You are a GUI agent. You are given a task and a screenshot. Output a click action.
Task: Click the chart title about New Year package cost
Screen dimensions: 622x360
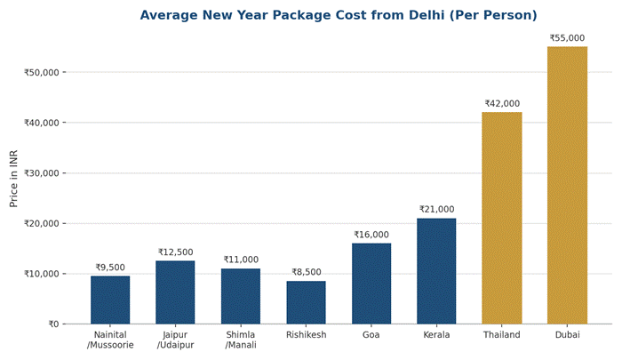[339, 15]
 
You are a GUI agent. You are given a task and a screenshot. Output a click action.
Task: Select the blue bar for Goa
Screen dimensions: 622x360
[371, 284]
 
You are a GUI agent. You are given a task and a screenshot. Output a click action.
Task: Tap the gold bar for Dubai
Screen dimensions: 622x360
[567, 185]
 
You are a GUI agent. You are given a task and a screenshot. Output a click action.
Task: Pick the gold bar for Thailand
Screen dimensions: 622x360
[502, 218]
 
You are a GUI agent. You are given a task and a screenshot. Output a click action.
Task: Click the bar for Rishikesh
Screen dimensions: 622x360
[306, 302]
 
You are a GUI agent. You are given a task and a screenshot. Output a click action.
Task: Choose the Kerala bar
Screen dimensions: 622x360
[436, 271]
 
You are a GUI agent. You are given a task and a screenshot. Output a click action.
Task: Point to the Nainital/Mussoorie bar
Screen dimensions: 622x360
[110, 300]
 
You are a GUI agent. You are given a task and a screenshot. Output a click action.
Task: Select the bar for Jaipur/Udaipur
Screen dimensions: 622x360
[175, 292]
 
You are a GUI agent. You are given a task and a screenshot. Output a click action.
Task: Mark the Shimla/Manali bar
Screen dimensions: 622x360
[241, 296]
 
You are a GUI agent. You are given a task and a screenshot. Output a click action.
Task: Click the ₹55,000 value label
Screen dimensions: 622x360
[567, 38]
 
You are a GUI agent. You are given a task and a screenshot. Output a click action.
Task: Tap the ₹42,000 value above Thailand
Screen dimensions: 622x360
[502, 104]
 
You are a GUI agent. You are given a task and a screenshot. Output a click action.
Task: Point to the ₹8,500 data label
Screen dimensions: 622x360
[307, 272]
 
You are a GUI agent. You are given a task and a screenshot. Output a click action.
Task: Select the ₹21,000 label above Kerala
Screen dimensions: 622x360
[437, 209]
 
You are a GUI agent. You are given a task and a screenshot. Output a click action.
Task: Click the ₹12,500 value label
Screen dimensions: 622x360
[175, 252]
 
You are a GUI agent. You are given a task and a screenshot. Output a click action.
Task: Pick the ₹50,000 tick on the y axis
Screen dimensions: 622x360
[41, 72]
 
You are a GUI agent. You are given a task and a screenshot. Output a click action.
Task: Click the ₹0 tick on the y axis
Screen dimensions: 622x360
[53, 324]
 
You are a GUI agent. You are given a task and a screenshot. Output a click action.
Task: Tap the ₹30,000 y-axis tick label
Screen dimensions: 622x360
[41, 173]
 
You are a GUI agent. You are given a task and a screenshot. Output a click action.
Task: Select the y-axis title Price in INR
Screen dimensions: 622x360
[13, 179]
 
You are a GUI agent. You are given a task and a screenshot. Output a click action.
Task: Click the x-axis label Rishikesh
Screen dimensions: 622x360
[307, 334]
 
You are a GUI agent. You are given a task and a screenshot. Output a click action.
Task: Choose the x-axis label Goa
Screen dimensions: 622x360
[371, 334]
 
